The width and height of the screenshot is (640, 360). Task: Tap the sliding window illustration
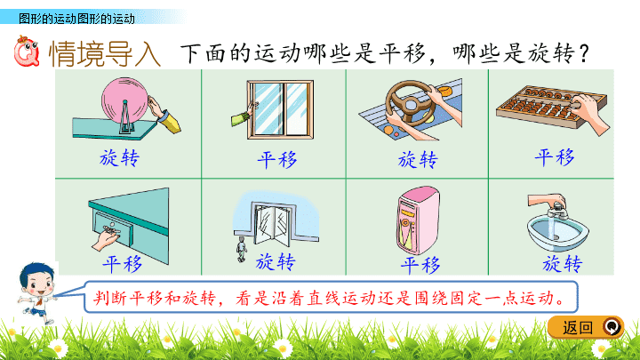point(280,109)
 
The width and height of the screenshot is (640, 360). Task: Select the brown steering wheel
point(410,103)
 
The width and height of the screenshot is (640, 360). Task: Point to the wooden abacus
point(551,107)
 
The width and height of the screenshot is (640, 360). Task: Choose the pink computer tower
point(418,220)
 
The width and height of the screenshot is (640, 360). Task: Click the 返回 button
point(585,327)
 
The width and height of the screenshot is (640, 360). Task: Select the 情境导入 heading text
point(105,53)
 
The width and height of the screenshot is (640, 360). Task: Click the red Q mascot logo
point(26,52)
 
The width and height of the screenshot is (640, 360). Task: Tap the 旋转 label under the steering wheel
point(418,159)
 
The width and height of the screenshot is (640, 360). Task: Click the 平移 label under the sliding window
point(277,160)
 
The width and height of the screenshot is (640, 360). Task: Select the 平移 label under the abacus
point(555,157)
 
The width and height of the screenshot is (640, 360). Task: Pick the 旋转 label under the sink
point(562,264)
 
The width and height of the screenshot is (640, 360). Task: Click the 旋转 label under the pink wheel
point(120,157)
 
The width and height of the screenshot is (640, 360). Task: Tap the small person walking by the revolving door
point(242,249)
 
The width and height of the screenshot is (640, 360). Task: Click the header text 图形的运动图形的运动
point(76,19)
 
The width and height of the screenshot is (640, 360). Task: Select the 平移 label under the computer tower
point(420,265)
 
